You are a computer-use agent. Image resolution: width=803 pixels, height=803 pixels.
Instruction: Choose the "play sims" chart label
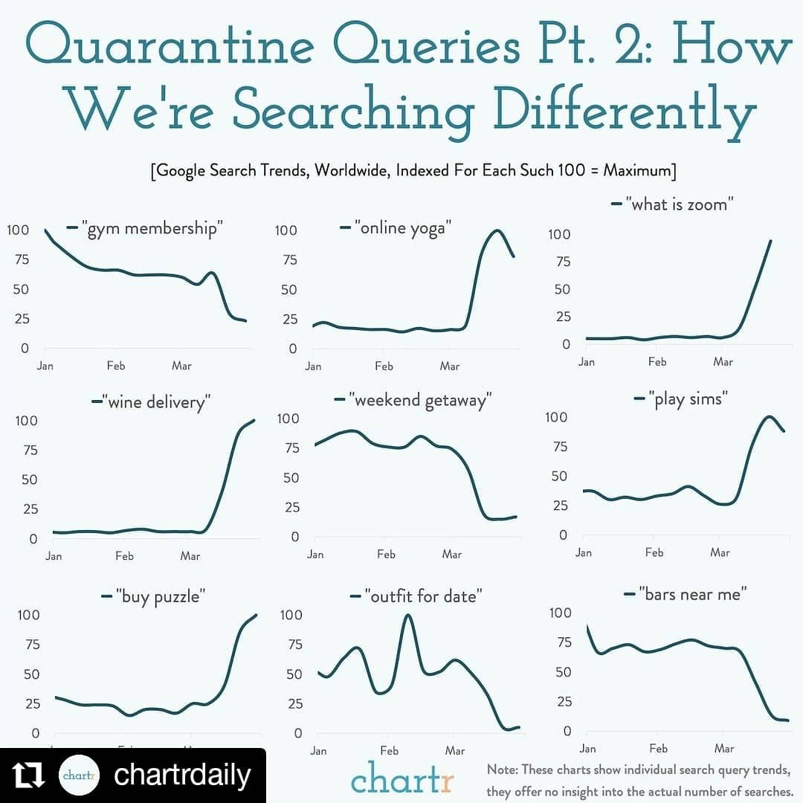pyautogui.click(x=688, y=399)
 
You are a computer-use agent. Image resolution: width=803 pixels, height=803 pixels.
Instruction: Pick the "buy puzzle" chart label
pyautogui.click(x=160, y=596)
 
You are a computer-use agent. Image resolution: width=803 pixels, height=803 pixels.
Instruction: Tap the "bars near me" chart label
pyautogui.click(x=693, y=594)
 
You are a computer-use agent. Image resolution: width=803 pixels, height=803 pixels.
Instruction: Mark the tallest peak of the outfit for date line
pyautogui.click(x=407, y=615)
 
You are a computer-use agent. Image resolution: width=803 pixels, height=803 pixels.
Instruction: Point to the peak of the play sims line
pyautogui.click(x=769, y=417)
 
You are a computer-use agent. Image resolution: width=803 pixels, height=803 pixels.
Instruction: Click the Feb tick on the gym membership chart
pyautogui.click(x=115, y=365)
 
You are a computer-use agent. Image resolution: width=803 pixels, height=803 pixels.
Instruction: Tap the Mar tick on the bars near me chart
pyautogui.click(x=723, y=748)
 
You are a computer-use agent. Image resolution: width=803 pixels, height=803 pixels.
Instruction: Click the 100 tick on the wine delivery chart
pyautogui.click(x=27, y=420)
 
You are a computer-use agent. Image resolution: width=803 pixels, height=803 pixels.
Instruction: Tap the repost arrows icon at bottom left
pyautogui.click(x=30, y=775)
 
